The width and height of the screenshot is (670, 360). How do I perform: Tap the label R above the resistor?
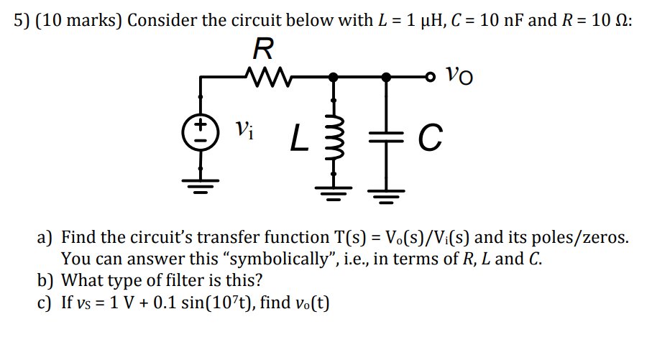(x=263, y=48)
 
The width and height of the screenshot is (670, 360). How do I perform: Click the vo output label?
(x=461, y=74)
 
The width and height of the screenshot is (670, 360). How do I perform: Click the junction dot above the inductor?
(x=332, y=75)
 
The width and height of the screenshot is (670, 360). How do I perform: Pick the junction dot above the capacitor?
(x=387, y=75)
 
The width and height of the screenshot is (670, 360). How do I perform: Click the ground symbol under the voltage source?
(x=202, y=187)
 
